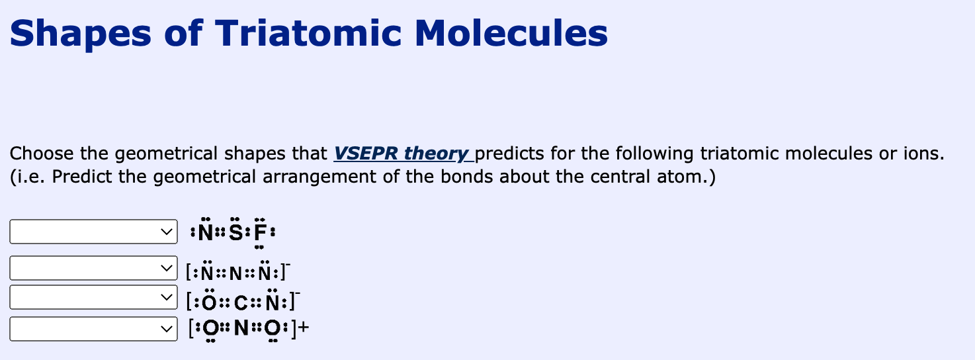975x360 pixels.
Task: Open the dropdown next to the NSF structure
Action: [93, 232]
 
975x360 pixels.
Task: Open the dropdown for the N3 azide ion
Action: [93, 268]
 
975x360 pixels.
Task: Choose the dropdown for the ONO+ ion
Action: [93, 329]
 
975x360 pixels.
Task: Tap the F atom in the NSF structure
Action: [261, 234]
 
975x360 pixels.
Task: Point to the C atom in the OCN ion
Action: [241, 303]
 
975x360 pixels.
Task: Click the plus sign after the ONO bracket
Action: [304, 328]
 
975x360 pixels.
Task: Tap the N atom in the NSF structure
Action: [206, 234]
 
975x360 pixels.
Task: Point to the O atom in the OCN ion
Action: [208, 303]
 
